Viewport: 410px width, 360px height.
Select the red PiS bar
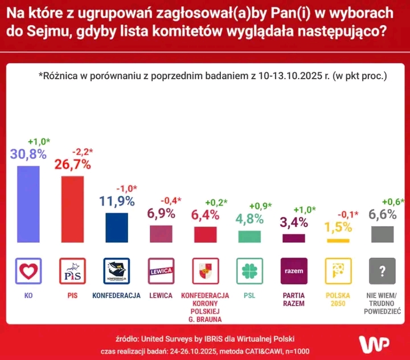pyautogui.click(x=72, y=209)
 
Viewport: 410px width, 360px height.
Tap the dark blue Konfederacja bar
pyautogui.click(x=116, y=228)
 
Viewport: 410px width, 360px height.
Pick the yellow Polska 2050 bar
pyautogui.click(x=338, y=241)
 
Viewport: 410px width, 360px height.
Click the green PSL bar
pyautogui.click(x=249, y=236)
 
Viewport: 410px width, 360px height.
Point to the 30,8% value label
pyautogui.click(x=28, y=154)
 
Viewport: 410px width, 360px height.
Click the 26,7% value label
pyautogui.click(x=72, y=165)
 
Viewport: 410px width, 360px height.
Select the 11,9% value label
pyautogui.click(x=116, y=201)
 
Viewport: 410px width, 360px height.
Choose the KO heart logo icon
pyautogui.click(x=28, y=271)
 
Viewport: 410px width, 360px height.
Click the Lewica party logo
pyautogui.click(x=161, y=271)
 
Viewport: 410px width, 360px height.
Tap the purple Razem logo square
pyautogui.click(x=294, y=271)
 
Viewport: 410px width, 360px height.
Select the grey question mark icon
pyautogui.click(x=382, y=271)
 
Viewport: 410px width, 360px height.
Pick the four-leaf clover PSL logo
pyautogui.click(x=249, y=271)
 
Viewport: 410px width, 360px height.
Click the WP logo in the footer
pyautogui.click(x=373, y=343)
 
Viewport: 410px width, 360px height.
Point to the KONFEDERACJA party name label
pyautogui.click(x=116, y=296)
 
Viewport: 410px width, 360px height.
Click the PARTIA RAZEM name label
pyautogui.click(x=294, y=300)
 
